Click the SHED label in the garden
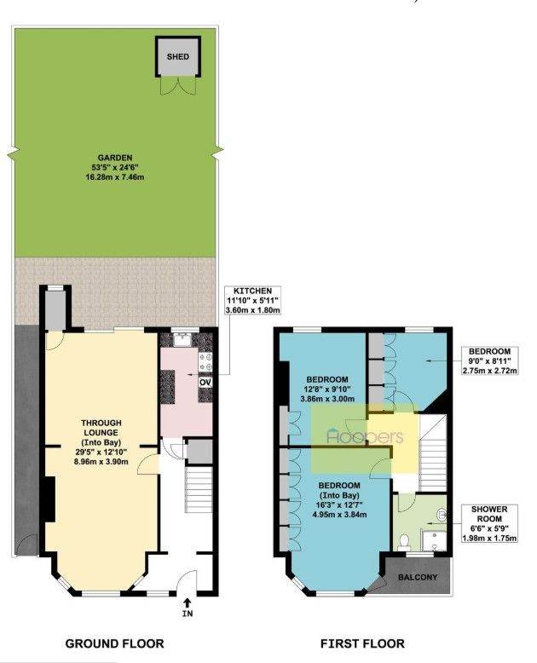click(x=177, y=56)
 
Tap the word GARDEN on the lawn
click(x=114, y=158)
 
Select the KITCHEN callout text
click(x=253, y=300)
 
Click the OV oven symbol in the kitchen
click(x=205, y=383)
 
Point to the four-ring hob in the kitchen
click(x=205, y=362)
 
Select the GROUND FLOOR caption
click(x=114, y=643)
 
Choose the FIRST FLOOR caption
click(x=362, y=643)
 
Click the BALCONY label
click(x=418, y=577)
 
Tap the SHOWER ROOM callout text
click(x=490, y=523)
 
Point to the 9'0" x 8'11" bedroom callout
click(x=490, y=360)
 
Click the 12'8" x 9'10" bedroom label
click(x=327, y=389)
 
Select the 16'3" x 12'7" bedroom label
click(x=339, y=499)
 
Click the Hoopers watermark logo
click(x=366, y=436)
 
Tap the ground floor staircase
click(x=199, y=489)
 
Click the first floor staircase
click(x=432, y=453)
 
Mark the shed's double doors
click(x=178, y=85)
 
